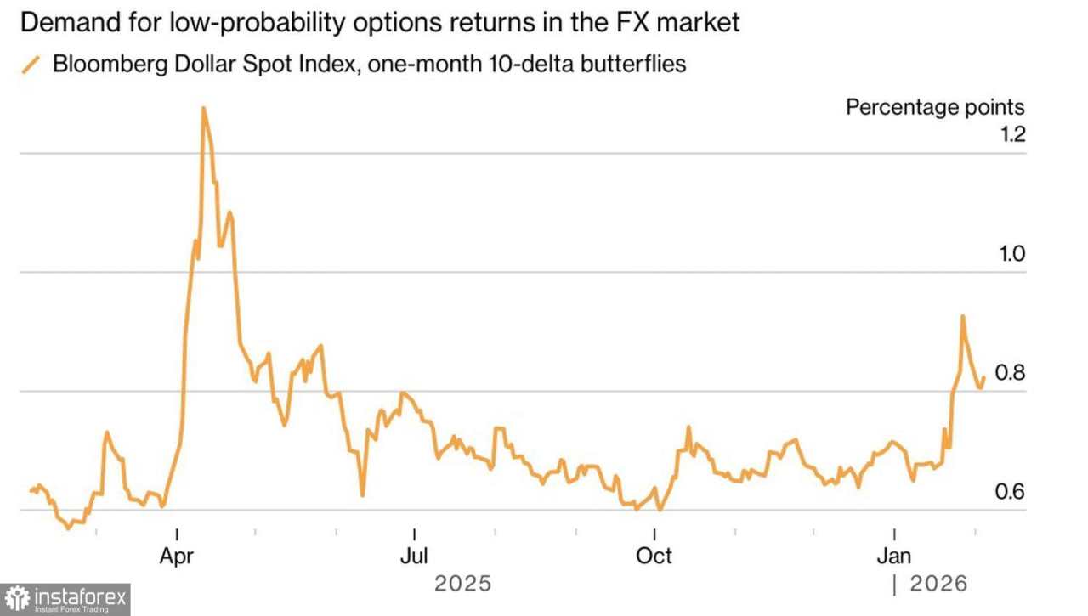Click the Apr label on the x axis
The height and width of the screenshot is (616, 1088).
177,556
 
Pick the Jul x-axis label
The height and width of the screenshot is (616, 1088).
414,556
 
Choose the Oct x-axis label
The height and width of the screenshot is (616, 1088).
654,556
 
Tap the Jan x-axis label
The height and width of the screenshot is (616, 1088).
894,556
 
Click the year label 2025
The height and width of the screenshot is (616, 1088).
462,584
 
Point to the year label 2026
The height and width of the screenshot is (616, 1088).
939,584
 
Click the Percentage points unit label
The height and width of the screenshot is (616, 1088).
935,107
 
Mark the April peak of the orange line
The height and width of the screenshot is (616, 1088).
203,108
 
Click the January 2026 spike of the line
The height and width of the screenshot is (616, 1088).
962,316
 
